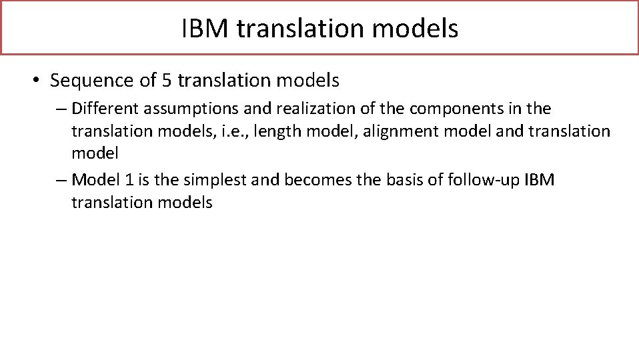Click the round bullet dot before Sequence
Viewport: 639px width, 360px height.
(x=35, y=81)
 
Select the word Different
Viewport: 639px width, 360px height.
(x=102, y=108)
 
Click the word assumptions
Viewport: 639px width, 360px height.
(x=182, y=108)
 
